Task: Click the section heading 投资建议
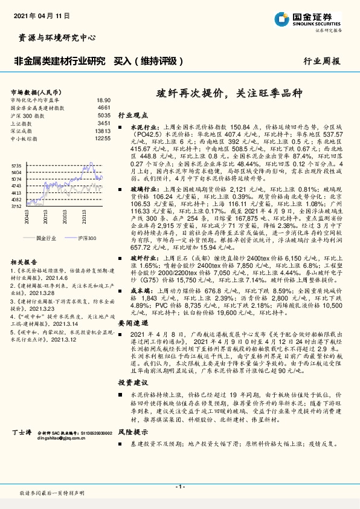(132, 383)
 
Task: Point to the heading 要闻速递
(132, 325)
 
